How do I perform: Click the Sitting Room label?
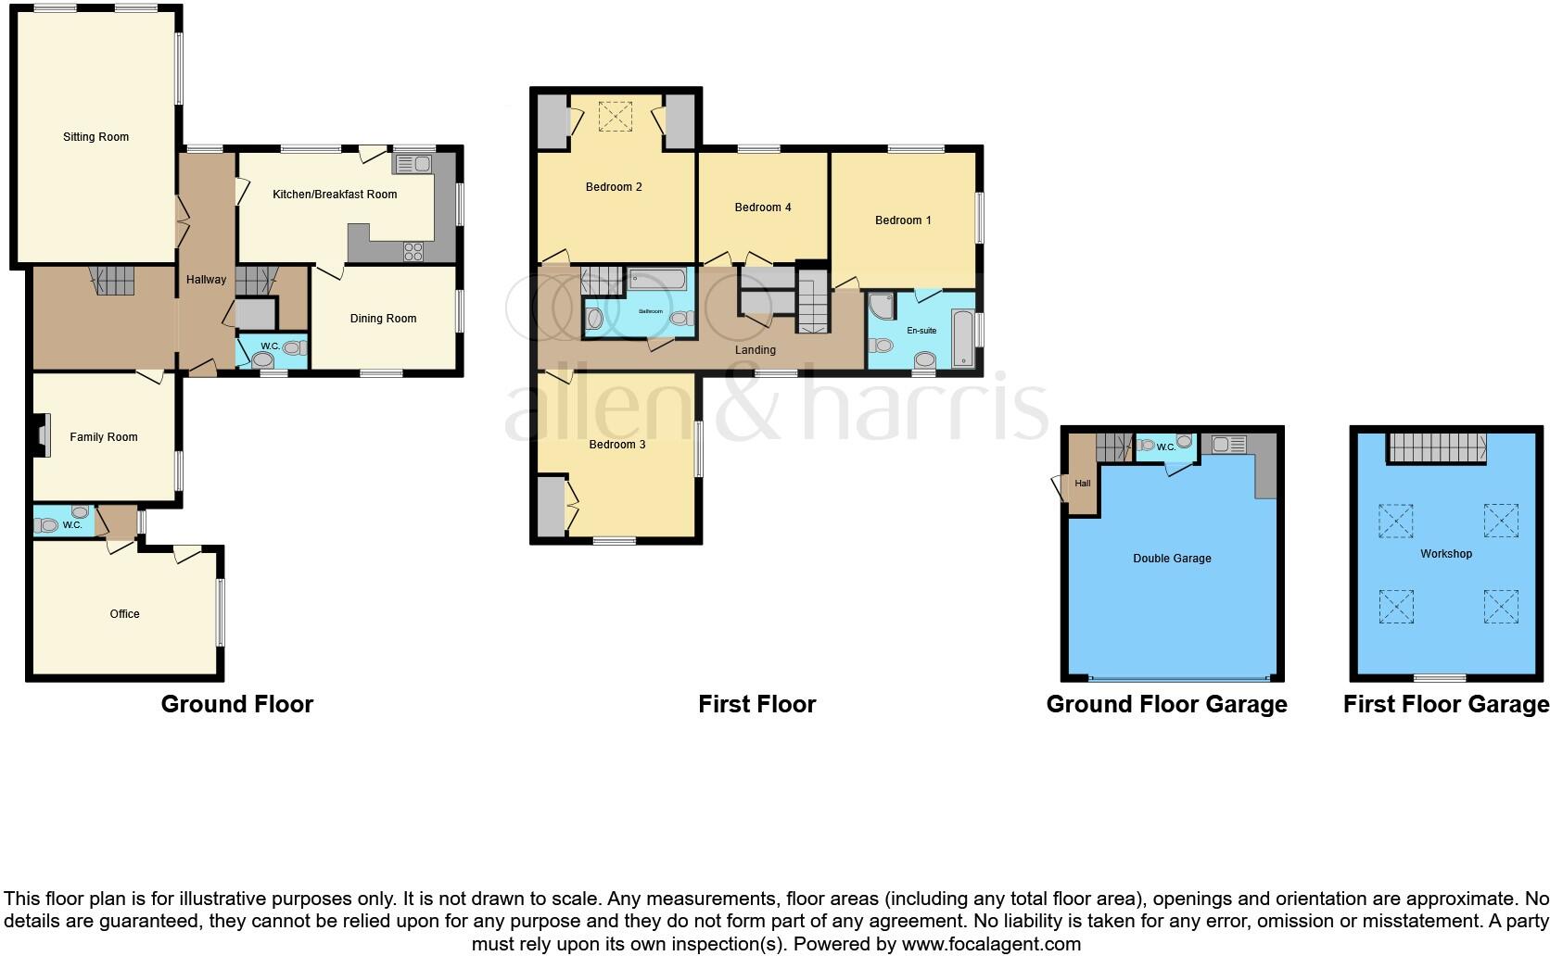tap(95, 137)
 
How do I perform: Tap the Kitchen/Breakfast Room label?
tap(335, 195)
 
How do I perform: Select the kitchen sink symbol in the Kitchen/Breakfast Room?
tap(413, 165)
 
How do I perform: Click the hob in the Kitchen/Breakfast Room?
tap(413, 251)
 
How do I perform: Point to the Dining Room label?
tap(383, 319)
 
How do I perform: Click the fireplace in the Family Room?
tap(39, 435)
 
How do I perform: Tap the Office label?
tap(124, 614)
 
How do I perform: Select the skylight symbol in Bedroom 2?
tap(613, 117)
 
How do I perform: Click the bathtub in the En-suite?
tap(962, 340)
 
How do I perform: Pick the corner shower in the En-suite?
tap(882, 306)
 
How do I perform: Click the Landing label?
tap(755, 350)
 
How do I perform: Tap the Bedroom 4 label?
tap(762, 208)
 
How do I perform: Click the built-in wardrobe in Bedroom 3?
tap(551, 506)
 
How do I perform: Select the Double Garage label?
tap(1172, 559)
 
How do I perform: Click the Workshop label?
tap(1445, 554)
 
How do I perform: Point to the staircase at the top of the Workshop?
tap(1437, 447)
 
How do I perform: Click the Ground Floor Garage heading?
tap(1166, 705)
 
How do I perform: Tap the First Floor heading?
tap(756, 705)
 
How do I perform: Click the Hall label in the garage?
tap(1082, 484)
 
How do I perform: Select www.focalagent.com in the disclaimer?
tap(990, 945)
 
